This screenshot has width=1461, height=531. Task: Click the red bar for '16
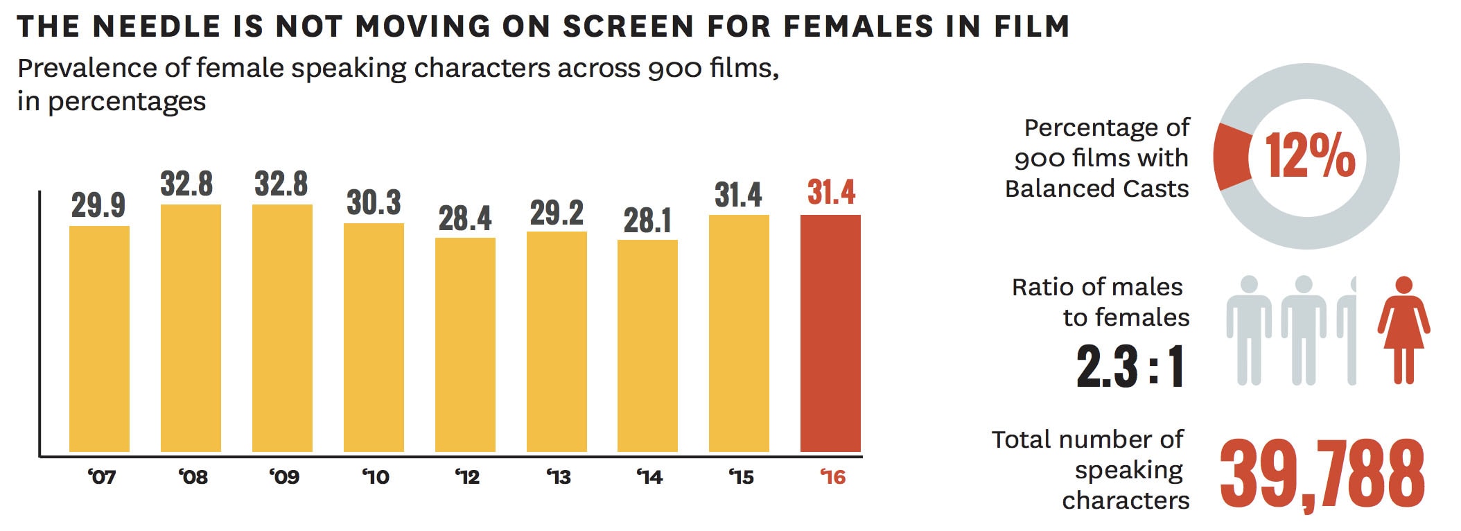(x=830, y=333)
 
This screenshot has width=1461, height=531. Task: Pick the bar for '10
(x=374, y=337)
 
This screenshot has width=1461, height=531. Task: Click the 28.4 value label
(x=465, y=218)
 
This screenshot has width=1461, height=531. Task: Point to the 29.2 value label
(x=557, y=213)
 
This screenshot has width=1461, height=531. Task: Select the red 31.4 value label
(x=831, y=192)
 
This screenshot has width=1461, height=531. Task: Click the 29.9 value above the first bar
(x=98, y=205)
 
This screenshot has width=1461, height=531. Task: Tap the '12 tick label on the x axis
(x=467, y=477)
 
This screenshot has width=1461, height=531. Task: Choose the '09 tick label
(x=284, y=477)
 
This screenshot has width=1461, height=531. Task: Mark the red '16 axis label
(x=833, y=477)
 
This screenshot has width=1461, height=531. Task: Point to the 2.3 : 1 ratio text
(x=1130, y=365)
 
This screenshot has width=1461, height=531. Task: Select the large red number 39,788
(x=1322, y=475)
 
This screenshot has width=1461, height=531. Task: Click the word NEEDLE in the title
(x=156, y=26)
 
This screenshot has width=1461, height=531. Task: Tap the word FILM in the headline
(x=1031, y=26)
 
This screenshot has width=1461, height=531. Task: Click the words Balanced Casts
(x=1096, y=189)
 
